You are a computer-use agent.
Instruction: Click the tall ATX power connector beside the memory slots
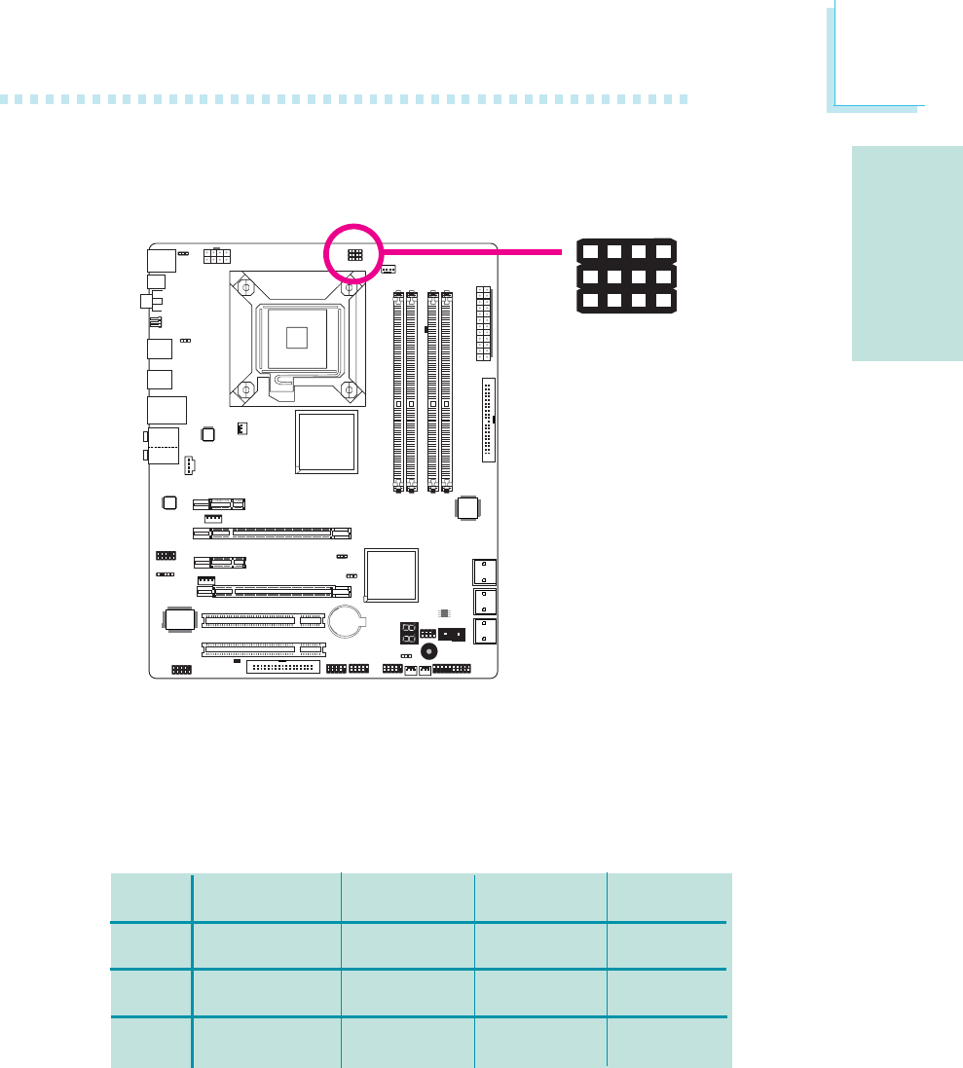(x=484, y=321)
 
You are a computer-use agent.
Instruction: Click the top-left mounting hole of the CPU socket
(x=246, y=287)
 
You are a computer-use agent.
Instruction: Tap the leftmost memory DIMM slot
(x=398, y=389)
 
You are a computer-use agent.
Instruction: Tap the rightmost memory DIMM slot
(x=447, y=389)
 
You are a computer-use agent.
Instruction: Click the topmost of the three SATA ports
(x=483, y=571)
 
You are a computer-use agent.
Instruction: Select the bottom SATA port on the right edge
(x=483, y=631)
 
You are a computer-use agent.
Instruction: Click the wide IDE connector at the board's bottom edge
(x=283, y=667)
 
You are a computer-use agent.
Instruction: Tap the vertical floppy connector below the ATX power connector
(x=488, y=420)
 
